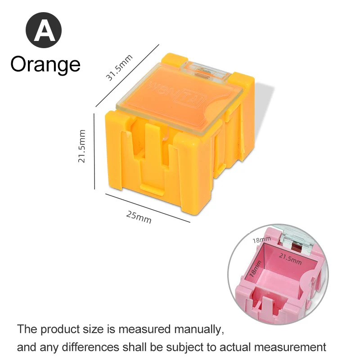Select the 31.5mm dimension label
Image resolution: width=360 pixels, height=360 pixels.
tap(119, 67)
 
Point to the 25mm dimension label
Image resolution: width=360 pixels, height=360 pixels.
tap(139, 217)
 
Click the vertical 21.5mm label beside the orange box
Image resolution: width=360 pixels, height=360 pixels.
tap(81, 146)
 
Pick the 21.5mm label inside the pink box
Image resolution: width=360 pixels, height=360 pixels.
tap(290, 258)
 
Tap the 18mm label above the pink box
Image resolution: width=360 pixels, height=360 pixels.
tap(261, 240)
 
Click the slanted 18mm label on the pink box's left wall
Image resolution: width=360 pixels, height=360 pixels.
tap(255, 269)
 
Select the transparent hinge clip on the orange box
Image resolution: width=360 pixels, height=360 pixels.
tap(206, 71)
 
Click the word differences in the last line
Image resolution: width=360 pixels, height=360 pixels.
tap(90, 347)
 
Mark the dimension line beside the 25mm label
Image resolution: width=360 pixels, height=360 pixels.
tap(148, 208)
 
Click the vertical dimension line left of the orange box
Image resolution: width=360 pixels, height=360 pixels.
tap(94, 151)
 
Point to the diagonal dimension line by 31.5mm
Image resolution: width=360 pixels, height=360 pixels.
tap(127, 76)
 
